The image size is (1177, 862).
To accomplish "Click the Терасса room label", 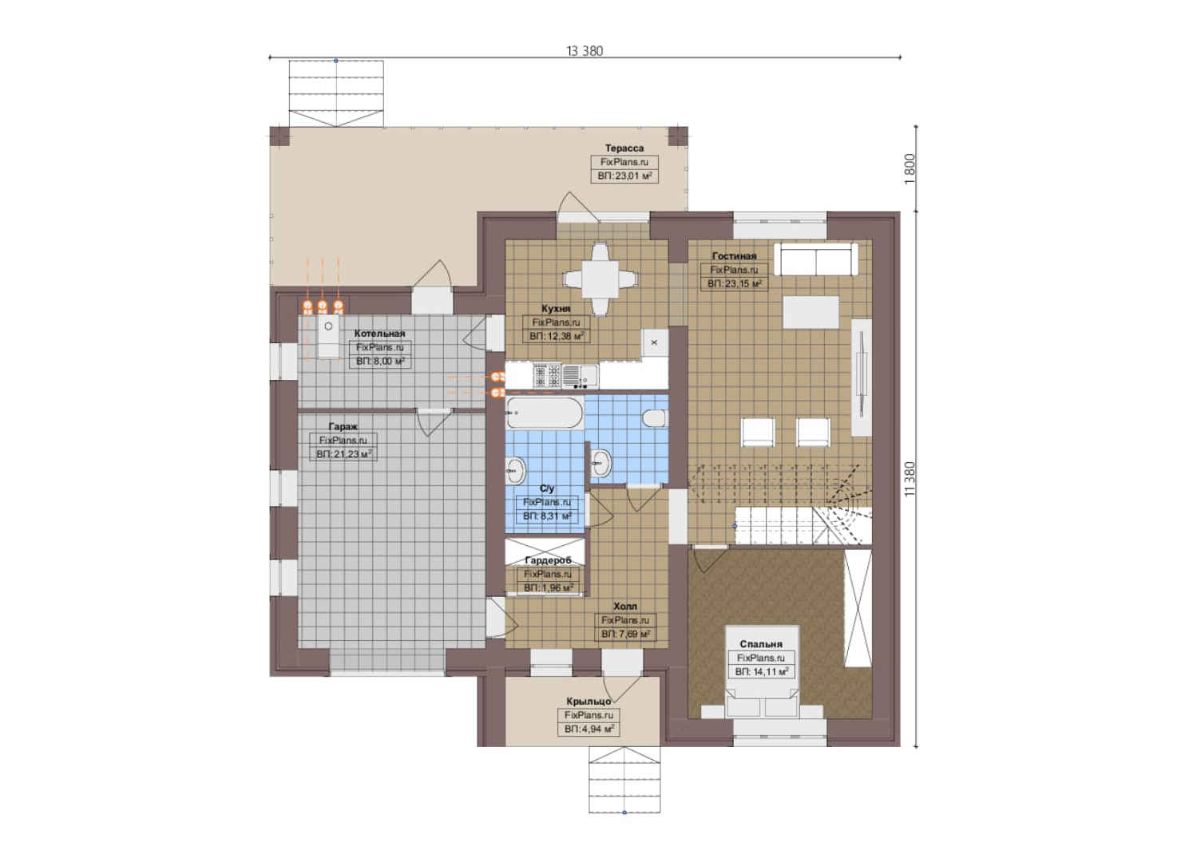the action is (x=624, y=148).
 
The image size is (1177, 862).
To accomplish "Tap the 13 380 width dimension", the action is (x=585, y=51).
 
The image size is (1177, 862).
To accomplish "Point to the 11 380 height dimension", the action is (x=910, y=479).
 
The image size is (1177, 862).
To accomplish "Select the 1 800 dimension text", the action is (x=910, y=168).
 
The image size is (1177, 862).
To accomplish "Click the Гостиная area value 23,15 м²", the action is (x=734, y=283).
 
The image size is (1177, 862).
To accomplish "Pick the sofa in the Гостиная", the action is (x=816, y=259).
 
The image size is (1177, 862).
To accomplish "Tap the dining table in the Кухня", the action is (x=600, y=279).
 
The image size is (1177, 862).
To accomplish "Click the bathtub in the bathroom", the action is (x=545, y=413).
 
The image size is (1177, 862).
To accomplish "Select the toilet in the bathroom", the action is (x=656, y=418).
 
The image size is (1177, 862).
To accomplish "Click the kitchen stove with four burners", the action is (x=547, y=376).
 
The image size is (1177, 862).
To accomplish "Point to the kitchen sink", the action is (x=580, y=376).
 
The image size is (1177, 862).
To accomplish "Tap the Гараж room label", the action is (x=343, y=426).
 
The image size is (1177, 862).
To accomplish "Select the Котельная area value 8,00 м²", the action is (x=380, y=362).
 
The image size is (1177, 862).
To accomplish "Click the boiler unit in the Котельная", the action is (x=328, y=337).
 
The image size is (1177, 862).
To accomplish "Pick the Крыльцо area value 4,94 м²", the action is (x=589, y=729).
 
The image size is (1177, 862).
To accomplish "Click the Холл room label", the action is (x=625, y=606).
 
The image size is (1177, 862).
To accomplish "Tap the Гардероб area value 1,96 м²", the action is (x=548, y=587).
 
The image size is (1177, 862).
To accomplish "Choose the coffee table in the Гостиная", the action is (x=810, y=312).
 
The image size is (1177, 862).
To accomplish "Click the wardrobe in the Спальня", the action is (x=858, y=608).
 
